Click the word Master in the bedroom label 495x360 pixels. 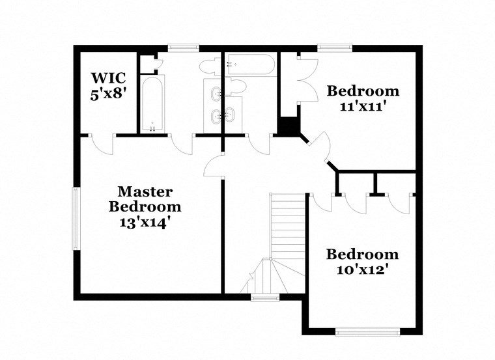(x=145, y=192)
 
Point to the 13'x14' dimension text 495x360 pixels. (x=145, y=222)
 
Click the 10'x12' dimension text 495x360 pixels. (x=362, y=268)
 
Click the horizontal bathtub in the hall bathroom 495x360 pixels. (x=250, y=65)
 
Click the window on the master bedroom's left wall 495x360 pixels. (x=76, y=219)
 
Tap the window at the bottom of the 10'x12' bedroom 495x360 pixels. (x=368, y=331)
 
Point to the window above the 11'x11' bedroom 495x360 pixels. (x=335, y=47)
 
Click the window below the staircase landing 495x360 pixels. (x=265, y=298)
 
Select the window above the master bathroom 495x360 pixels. (x=183, y=47)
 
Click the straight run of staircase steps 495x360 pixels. (x=287, y=225)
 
